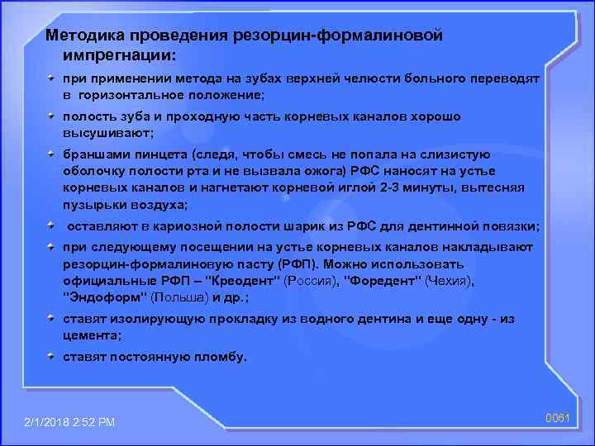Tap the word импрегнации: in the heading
(x=117, y=55)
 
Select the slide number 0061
(x=559, y=419)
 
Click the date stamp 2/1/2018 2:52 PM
(x=69, y=423)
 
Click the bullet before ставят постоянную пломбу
(x=52, y=357)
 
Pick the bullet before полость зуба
(x=52, y=116)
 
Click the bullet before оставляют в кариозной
(x=52, y=225)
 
